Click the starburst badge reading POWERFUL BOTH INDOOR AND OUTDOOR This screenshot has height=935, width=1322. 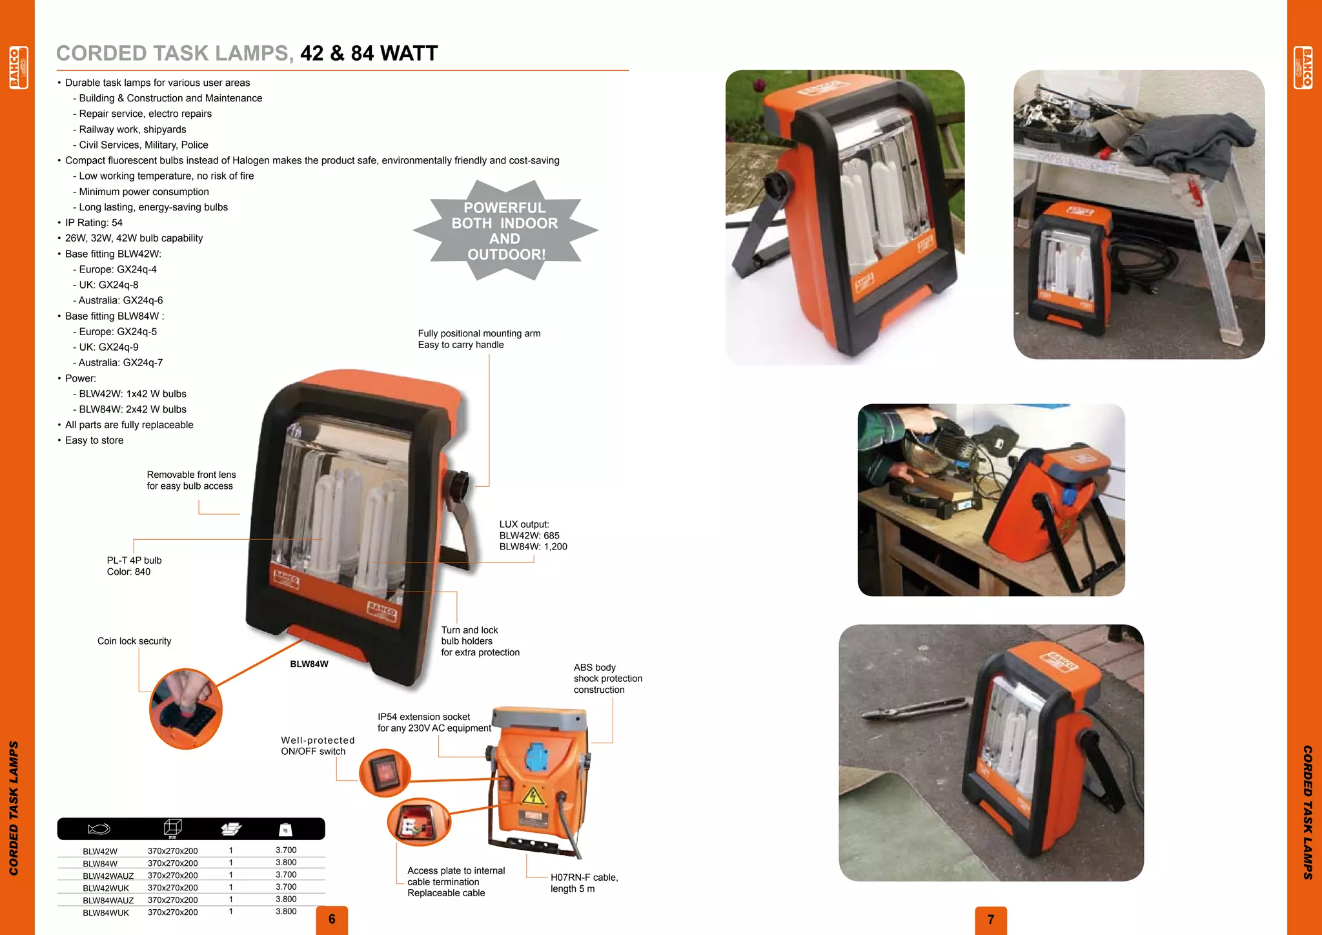click(505, 231)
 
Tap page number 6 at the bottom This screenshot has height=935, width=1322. click(332, 919)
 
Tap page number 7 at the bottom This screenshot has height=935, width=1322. click(991, 919)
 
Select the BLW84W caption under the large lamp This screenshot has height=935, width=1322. click(309, 664)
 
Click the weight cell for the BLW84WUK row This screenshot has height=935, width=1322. click(286, 912)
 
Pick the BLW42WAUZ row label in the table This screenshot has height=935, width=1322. click(108, 876)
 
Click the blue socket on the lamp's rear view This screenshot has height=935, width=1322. click(536, 755)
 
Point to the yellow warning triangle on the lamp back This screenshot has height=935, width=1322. click(533, 796)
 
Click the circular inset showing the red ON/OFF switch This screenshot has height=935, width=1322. click(385, 772)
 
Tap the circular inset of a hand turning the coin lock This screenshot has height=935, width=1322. click(186, 709)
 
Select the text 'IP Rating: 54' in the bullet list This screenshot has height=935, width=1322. click(94, 223)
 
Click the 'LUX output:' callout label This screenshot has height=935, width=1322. click(524, 524)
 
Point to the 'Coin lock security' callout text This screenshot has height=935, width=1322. click(134, 641)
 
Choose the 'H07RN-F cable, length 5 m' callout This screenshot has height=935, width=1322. click(583, 883)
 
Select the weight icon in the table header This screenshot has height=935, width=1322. click(285, 830)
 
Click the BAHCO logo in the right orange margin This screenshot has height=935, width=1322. click(1303, 67)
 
